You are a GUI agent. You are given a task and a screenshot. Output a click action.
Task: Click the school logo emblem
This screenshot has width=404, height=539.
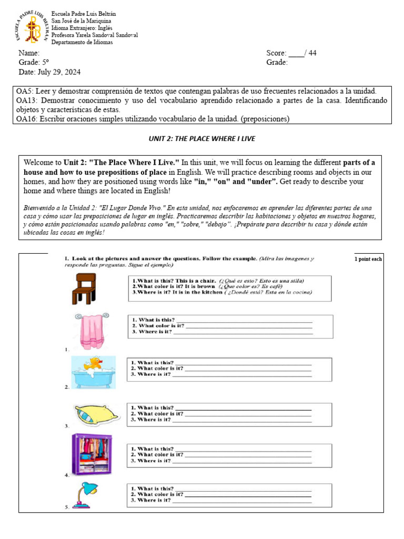[x=33, y=27]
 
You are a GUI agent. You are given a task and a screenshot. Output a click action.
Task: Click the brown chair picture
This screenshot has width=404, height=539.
[x=83, y=288]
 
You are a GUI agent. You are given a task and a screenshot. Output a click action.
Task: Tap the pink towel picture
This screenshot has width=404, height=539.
[x=92, y=331]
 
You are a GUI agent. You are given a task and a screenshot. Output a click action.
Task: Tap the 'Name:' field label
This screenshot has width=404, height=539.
[x=29, y=53]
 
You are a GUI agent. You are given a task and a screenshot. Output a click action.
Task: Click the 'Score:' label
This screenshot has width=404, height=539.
[x=277, y=53]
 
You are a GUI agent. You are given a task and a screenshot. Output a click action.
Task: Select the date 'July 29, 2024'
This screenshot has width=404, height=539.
[x=58, y=72]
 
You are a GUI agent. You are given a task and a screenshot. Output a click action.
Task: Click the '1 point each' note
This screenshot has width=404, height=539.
[x=368, y=259]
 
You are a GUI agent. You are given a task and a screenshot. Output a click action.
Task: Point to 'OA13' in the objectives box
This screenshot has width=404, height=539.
[x=26, y=100]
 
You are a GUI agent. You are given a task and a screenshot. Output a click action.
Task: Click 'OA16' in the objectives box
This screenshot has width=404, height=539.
[x=26, y=119]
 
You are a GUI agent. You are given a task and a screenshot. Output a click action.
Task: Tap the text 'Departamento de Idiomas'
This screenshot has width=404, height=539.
[x=82, y=43]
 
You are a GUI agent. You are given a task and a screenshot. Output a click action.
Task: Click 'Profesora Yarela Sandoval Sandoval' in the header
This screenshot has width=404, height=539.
[x=94, y=35]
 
